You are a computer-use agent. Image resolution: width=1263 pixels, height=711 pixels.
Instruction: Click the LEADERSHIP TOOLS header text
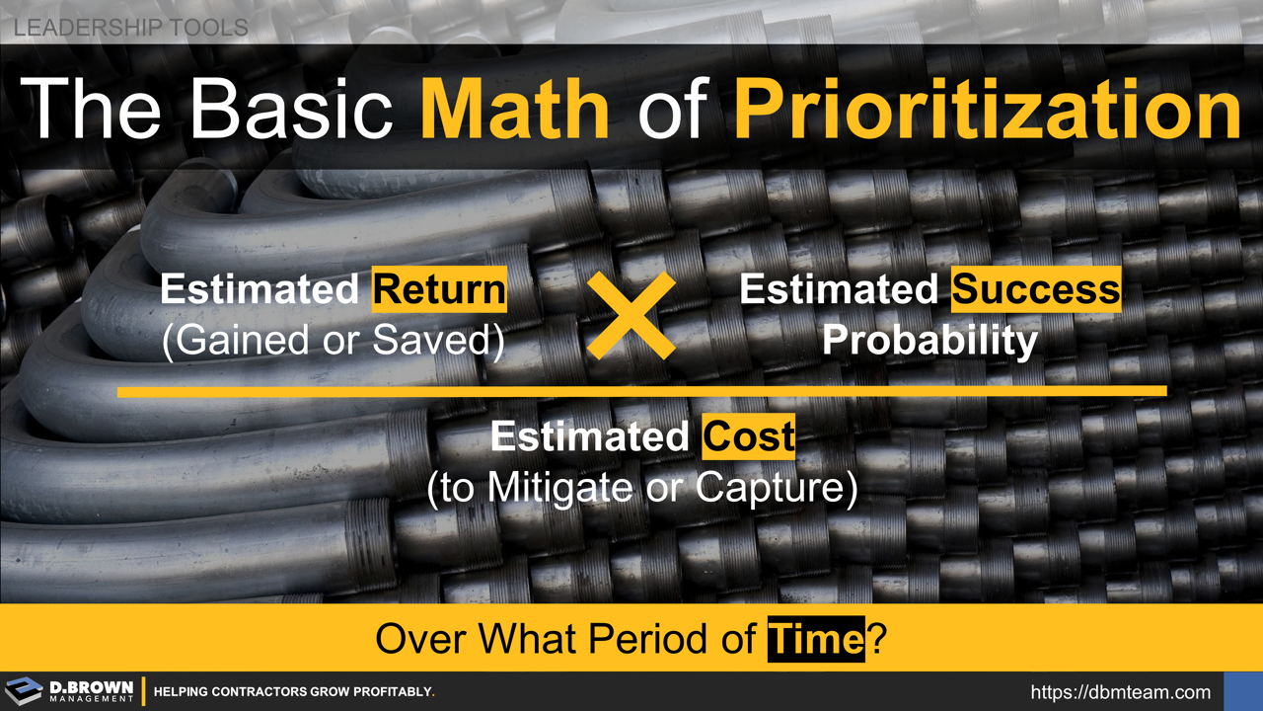(130, 28)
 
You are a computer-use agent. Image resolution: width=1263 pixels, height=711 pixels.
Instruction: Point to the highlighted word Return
(439, 289)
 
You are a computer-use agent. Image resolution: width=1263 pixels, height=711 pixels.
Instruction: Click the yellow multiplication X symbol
(631, 315)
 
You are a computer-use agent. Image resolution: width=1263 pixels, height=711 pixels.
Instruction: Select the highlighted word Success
(1036, 289)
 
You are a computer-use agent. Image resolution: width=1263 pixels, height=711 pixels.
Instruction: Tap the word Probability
(929, 341)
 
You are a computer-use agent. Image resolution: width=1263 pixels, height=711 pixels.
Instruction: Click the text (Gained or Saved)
(333, 341)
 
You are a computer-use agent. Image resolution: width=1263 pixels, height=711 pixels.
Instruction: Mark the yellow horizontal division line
(641, 392)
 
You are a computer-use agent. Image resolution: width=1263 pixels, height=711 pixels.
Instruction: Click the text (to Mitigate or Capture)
(641, 488)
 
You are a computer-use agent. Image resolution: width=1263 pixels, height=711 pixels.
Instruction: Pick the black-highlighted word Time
(815, 639)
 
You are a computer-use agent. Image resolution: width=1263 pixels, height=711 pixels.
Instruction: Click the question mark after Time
(876, 639)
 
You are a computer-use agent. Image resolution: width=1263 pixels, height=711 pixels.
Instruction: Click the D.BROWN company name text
(91, 686)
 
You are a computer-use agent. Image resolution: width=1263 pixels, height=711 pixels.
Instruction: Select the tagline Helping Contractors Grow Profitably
(294, 692)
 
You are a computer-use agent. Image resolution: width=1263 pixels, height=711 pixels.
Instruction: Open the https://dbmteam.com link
(1120, 692)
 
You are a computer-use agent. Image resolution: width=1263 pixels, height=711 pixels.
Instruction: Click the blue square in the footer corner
(1242, 691)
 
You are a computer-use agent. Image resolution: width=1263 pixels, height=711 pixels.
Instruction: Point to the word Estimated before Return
(259, 289)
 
